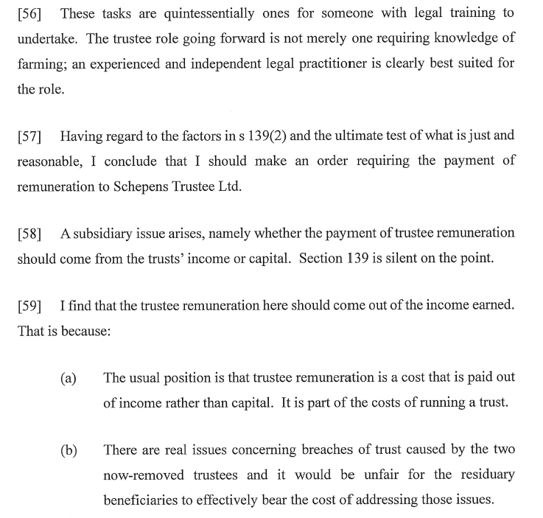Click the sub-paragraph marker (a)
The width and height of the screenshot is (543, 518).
click(69, 379)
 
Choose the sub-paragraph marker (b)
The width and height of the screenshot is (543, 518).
click(69, 450)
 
